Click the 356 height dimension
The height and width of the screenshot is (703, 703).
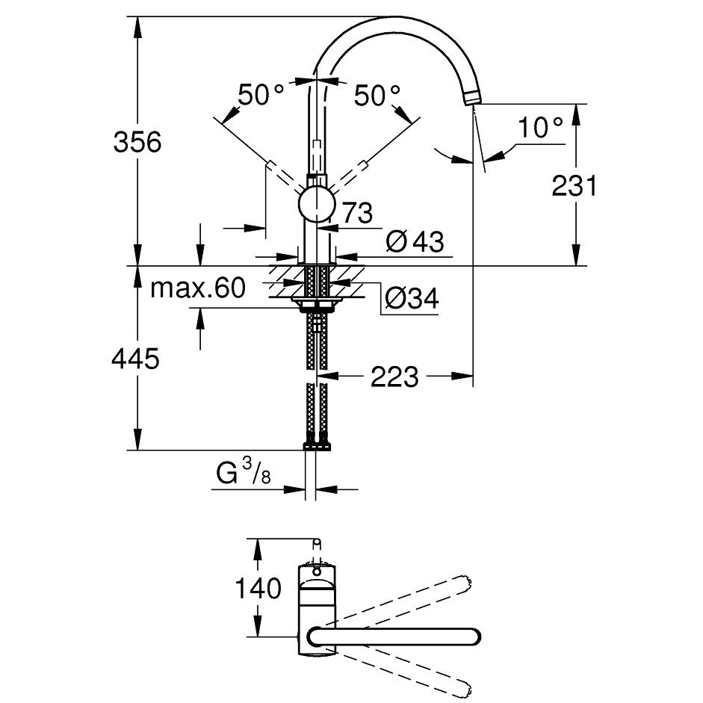[x=137, y=142]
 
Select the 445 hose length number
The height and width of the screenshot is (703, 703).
[x=135, y=359]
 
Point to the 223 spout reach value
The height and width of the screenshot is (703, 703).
[x=394, y=377]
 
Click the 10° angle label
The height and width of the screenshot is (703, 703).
[x=540, y=127]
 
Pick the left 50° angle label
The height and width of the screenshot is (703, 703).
[x=261, y=95]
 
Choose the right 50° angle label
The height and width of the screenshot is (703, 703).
[x=377, y=95]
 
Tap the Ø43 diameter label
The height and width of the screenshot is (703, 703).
[x=415, y=241]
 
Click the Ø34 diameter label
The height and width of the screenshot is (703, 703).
[x=412, y=297]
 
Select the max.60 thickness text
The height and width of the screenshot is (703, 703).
[x=198, y=288]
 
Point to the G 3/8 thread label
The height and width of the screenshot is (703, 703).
[x=244, y=474]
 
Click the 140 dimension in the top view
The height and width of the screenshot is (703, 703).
[x=258, y=588]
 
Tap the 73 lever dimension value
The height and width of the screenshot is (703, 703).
[x=357, y=212]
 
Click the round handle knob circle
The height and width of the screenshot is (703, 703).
[x=317, y=204]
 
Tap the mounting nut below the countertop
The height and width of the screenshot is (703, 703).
[x=317, y=306]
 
